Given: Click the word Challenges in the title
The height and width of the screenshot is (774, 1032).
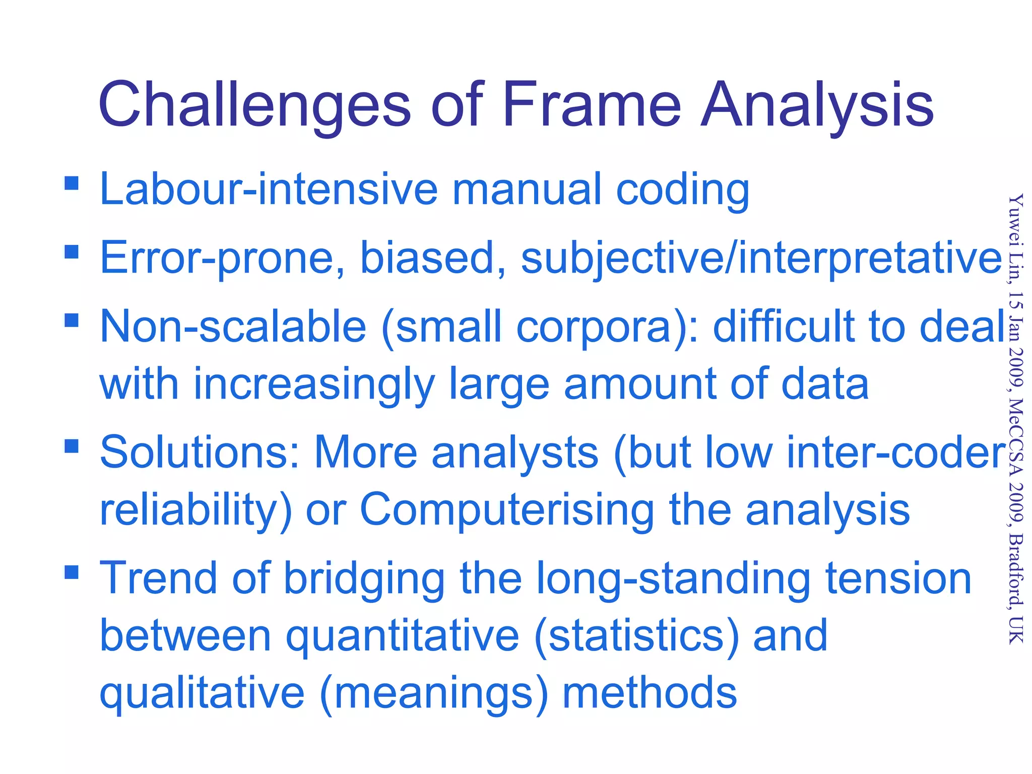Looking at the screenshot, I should (255, 105).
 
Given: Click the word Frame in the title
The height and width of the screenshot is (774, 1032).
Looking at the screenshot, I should (592, 105).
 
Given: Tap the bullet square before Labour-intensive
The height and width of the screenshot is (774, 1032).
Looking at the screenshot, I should (72, 182).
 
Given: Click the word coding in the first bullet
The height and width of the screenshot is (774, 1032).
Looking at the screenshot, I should (683, 190).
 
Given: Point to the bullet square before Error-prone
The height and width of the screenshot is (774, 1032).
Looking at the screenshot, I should (72, 251).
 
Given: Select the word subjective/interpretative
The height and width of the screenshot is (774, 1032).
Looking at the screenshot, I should (761, 259).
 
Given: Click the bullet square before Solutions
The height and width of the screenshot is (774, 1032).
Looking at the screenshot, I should (72, 446).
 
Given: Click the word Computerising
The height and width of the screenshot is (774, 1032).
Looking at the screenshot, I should (506, 509).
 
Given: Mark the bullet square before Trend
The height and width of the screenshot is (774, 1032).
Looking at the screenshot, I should (72, 572).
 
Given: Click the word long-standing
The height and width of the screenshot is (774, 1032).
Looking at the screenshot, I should (673, 579).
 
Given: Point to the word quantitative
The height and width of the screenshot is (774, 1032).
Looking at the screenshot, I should (403, 636).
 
